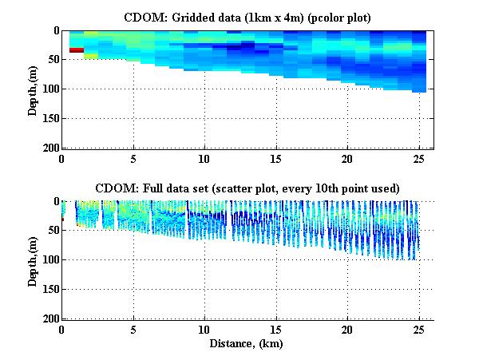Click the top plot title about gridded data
click(x=246, y=17)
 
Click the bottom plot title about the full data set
click(x=246, y=188)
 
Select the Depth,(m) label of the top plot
click(x=33, y=89)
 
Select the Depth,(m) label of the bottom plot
click(x=33, y=260)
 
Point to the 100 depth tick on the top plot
click(x=48, y=89)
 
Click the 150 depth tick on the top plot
click(x=48, y=119)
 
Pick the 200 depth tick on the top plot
click(x=48, y=148)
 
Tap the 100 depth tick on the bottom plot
click(x=48, y=260)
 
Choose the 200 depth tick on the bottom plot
click(x=48, y=318)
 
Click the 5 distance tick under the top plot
click(x=133, y=159)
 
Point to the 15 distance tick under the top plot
click(x=276, y=159)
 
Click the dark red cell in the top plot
click(x=77, y=50)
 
